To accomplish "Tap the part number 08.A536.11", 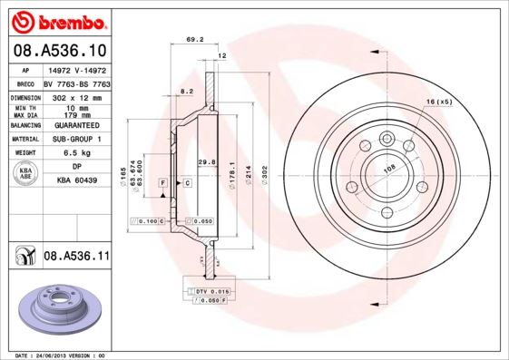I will click(76, 258).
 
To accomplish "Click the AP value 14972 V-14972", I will click(77, 69).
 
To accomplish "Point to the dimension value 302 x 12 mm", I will click(77, 96).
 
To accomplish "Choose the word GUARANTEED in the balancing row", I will click(77, 125).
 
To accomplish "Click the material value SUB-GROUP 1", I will click(77, 140).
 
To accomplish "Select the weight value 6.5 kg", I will click(77, 154).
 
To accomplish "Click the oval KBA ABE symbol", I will click(26, 175).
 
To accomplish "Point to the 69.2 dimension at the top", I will click(193, 40).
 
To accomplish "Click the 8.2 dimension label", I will click(187, 92).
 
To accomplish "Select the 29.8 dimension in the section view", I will click(206, 161).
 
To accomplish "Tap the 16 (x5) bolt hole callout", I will click(438, 101).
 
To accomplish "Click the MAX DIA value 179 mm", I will click(77, 114).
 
